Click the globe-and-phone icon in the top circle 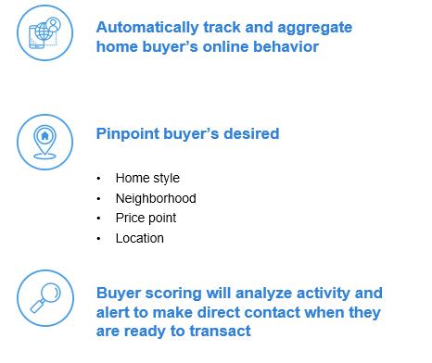[44, 32]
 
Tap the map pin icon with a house [44, 142]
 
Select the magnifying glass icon [45, 298]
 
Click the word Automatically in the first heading [147, 27]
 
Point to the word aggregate [315, 29]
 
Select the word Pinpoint [128, 134]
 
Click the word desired [251, 133]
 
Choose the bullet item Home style [147, 179]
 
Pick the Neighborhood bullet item [156, 198]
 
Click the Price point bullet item [146, 219]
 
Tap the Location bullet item [140, 238]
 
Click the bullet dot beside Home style [98, 179]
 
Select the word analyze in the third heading [263, 294]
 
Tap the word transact [220, 332]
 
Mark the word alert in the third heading [112, 312]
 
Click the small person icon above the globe [54, 24]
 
